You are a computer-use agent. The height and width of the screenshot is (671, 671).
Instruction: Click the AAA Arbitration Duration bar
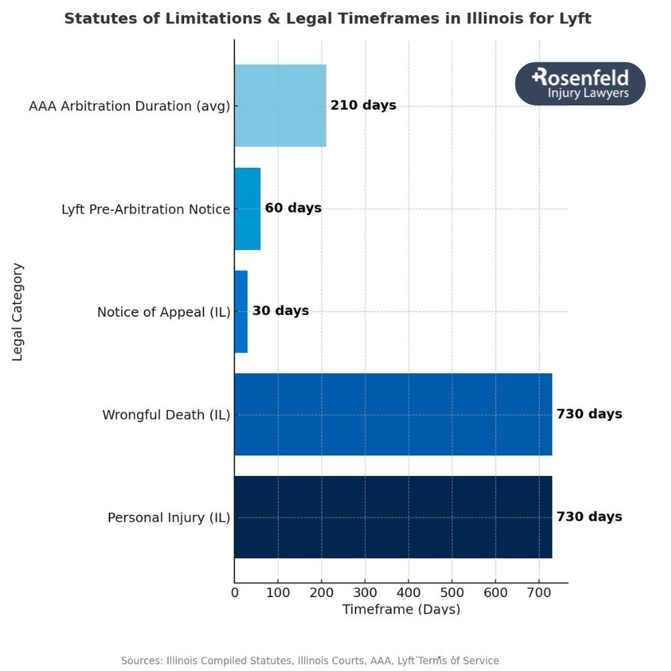tap(280, 105)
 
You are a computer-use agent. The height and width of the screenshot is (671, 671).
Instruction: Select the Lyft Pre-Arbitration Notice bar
tap(247, 209)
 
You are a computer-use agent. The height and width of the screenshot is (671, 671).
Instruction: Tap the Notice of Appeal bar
tap(241, 312)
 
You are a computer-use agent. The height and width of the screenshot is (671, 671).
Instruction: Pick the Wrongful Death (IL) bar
tap(393, 414)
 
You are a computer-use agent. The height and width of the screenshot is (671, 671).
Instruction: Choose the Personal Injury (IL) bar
tap(393, 517)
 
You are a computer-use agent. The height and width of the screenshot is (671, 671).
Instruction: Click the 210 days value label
tap(363, 105)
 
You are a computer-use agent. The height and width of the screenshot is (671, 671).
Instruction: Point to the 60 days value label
tap(293, 208)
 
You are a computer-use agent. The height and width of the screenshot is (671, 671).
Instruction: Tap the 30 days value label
tap(280, 311)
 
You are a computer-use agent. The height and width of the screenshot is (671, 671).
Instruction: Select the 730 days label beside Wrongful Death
tap(589, 414)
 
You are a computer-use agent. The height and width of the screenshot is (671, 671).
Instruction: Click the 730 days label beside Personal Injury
tap(589, 517)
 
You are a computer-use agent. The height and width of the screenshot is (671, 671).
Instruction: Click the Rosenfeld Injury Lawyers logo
tap(580, 84)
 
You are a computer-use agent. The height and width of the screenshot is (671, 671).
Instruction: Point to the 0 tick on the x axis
tap(235, 593)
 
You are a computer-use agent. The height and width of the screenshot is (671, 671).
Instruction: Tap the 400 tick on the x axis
tap(409, 593)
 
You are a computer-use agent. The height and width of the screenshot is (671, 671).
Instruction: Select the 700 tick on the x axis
tap(539, 593)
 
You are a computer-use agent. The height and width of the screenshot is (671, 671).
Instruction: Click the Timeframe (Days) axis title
tap(401, 609)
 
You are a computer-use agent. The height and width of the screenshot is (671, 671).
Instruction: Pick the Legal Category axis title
tap(18, 312)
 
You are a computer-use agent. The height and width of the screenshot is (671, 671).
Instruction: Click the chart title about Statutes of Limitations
tap(327, 18)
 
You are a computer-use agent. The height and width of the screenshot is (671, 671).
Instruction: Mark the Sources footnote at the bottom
tap(310, 661)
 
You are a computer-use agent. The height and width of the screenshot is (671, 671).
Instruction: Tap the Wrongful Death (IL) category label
tap(166, 415)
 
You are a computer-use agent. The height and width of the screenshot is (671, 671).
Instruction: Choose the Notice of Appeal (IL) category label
tap(164, 312)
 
